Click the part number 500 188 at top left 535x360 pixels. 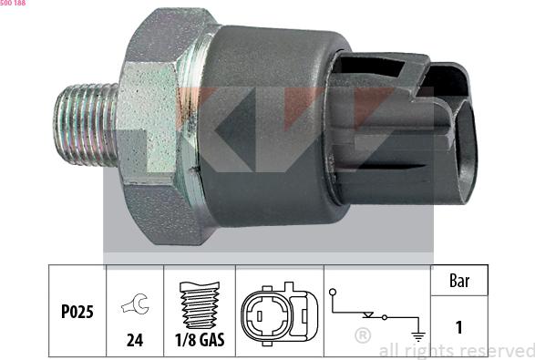point(13,3)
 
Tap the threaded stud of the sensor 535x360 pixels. point(86,125)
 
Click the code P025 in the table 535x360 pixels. point(77,312)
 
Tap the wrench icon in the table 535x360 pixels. point(135,303)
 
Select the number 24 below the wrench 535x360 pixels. point(135,340)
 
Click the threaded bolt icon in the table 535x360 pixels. point(200,305)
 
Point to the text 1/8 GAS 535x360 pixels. point(200,340)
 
